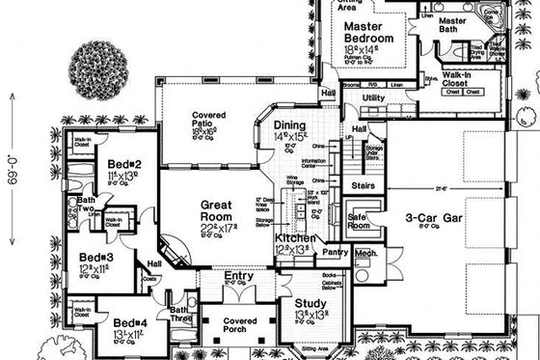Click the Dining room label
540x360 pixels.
[x=289, y=125]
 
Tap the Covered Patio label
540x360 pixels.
[x=210, y=116]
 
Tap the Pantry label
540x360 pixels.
[x=335, y=252]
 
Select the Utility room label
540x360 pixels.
[x=373, y=98]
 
